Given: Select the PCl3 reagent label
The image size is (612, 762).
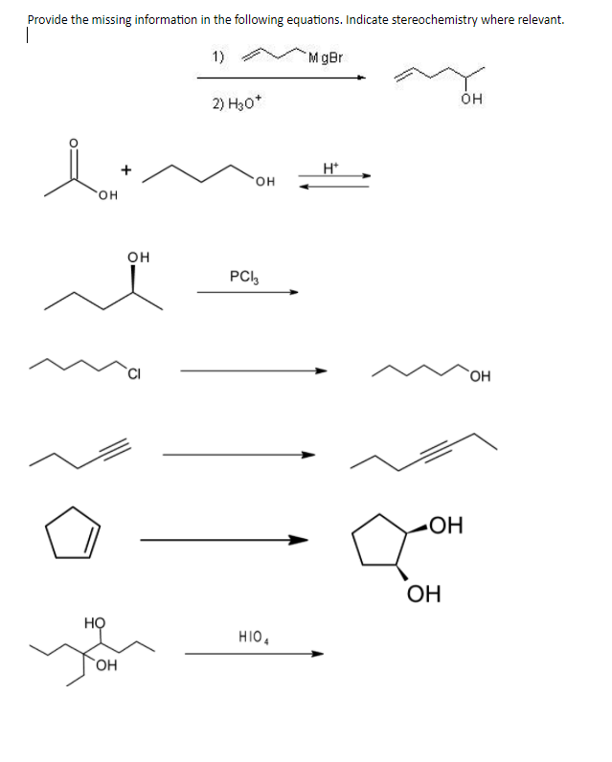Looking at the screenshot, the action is (241, 277).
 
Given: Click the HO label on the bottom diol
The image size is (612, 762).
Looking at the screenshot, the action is (93, 622).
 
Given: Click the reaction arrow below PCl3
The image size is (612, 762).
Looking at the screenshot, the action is (247, 293).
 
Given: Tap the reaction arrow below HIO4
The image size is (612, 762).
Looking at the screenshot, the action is (254, 655).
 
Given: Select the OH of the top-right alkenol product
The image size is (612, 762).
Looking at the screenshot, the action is (468, 99).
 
